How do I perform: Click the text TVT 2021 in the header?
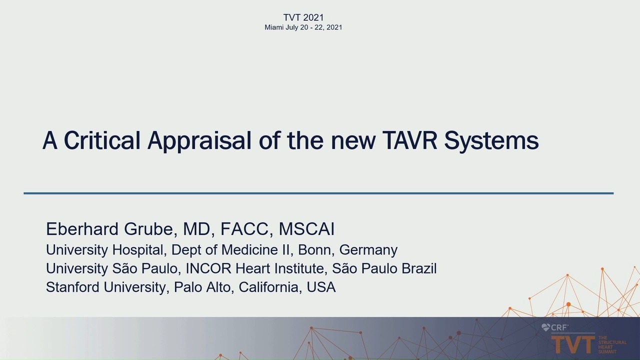point(303,17)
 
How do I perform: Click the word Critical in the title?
point(102,140)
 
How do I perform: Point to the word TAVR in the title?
point(409,140)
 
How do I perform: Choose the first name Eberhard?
point(82,229)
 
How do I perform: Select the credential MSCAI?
point(306,229)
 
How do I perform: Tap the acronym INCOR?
point(208,268)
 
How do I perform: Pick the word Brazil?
point(419,268)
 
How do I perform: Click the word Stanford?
point(72,287)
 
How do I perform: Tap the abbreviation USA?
point(321,287)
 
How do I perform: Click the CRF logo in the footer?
point(554,327)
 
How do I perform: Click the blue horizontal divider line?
point(318,193)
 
